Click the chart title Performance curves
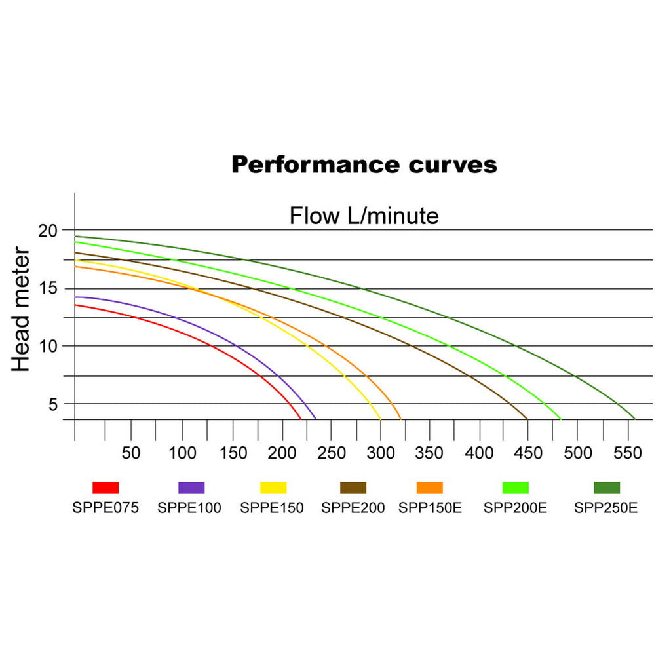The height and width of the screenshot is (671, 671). pos(364,164)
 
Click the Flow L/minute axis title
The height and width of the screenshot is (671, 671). pos(364,216)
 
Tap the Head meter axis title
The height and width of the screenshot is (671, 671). pos(21,310)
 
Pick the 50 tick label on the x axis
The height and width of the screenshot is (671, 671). pos(132,453)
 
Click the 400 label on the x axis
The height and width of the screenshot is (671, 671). pos(480,453)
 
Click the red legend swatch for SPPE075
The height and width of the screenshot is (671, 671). pos(105,488)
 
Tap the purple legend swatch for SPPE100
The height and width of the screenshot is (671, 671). pos(191,488)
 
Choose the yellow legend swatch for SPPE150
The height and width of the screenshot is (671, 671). pos(273,488)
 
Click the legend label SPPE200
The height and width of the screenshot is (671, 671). pos(353,508)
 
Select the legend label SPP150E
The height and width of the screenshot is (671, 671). pos(430,508)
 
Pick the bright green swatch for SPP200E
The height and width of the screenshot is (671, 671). pos(515,488)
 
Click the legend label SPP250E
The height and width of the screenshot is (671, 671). pos(605,508)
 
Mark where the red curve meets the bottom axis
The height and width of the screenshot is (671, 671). pos(301,419)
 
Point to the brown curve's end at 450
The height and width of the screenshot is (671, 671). pos(527,419)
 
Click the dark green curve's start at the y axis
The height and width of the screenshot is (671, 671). pos(76,237)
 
